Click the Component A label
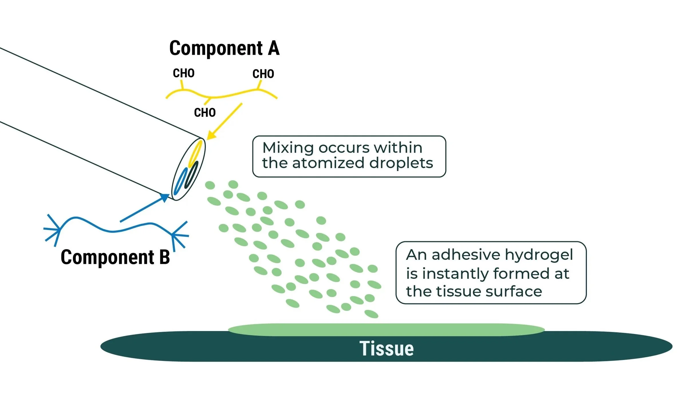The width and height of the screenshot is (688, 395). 224,48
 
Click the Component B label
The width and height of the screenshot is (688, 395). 115,257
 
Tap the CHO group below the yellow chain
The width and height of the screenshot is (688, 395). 205,113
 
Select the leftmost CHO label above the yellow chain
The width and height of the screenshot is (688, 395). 184,73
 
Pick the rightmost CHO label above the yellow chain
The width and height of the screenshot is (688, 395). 263,74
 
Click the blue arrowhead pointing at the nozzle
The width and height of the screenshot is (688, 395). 164,198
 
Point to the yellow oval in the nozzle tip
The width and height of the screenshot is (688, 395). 195,154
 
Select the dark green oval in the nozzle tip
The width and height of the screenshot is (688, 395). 191,175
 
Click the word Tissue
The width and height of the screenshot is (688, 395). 387,349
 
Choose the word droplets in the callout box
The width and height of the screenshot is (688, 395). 401,163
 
